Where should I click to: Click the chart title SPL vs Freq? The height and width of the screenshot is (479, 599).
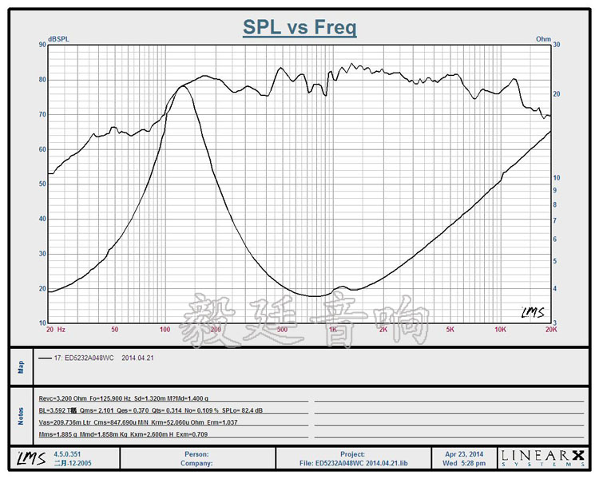299,28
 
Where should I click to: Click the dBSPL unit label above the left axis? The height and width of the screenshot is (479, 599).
58,38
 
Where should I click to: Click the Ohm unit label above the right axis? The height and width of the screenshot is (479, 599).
543,38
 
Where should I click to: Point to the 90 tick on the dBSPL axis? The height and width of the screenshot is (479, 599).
42,45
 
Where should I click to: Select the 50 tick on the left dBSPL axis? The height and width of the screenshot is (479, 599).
42,184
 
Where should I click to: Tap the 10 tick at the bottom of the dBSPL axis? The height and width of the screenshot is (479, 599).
42,323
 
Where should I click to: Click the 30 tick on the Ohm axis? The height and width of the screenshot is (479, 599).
557,45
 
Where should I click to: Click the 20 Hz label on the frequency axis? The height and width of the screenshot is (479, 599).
55,329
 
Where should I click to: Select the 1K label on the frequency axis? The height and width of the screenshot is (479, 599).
332,329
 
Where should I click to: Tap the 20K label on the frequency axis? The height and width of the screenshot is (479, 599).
549,329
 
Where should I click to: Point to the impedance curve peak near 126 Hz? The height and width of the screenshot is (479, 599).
183,86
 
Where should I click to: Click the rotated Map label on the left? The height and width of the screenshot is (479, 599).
22,366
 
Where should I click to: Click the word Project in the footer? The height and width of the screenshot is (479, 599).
352,453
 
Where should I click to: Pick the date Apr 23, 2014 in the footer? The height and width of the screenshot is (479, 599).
466,453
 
